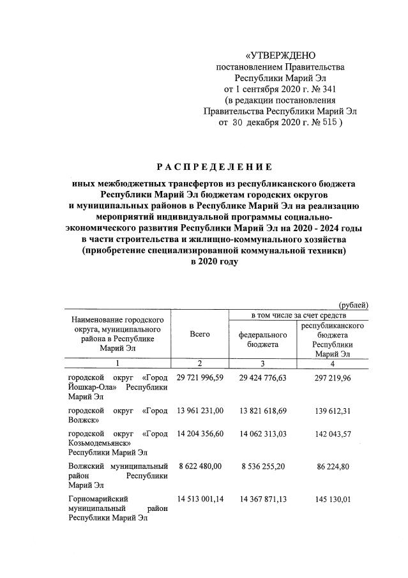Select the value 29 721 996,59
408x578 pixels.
click(x=200, y=378)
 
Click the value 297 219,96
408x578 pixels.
click(x=334, y=378)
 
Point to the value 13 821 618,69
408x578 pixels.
click(x=263, y=411)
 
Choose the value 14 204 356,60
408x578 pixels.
click(x=200, y=434)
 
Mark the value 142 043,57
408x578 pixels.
click(x=334, y=434)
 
